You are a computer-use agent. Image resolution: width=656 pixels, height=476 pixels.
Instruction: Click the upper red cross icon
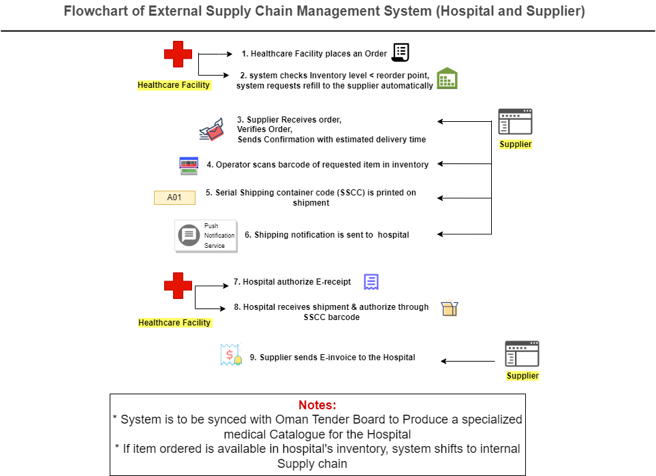pos(178,54)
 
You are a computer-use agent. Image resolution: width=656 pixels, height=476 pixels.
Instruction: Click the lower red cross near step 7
pos(178,285)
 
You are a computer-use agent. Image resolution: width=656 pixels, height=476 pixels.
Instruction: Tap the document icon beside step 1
pos(401,52)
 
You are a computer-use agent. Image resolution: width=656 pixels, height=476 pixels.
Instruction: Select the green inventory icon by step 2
pos(447,79)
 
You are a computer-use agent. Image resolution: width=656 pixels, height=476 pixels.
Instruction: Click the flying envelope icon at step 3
pos(212,129)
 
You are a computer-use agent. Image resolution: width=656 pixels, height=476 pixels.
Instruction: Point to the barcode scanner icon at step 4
pos(189,165)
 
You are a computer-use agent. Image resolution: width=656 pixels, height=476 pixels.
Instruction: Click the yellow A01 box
pos(174,198)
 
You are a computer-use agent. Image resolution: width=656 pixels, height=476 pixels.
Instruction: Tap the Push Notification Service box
pos(206,236)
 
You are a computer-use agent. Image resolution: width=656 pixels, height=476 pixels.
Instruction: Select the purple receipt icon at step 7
pos(371,282)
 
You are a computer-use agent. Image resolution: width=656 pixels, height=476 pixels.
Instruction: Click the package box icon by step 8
pos(449,309)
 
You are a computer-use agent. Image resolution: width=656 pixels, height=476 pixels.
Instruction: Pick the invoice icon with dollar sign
pos(231,355)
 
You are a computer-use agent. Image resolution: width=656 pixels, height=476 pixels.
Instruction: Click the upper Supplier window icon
pos(515,122)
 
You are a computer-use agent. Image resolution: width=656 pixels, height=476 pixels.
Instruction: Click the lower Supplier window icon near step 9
pos(522,354)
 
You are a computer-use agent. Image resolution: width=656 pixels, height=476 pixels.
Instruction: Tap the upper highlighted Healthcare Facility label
pos(174,86)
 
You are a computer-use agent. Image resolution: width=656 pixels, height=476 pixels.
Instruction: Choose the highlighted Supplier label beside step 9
pos(522,376)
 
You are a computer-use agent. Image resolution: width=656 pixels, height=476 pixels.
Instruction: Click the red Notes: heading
pos(317,404)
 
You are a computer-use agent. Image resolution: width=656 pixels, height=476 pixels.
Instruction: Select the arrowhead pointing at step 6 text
pos(441,234)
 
